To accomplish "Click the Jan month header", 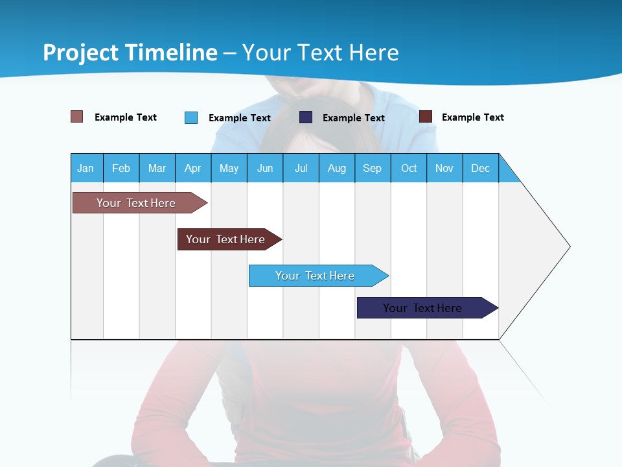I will click(86, 168).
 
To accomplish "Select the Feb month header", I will click(121, 168).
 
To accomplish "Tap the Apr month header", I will click(192, 168).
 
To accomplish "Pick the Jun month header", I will click(265, 168).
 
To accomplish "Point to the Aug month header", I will click(336, 168).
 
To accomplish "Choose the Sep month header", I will click(373, 168).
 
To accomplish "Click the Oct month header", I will click(409, 168).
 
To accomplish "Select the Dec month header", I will click(480, 168).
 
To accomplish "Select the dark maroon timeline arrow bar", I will click(227, 239).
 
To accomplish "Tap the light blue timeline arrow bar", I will click(316, 276).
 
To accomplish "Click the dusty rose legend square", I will click(76, 117).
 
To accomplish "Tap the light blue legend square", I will click(190, 117).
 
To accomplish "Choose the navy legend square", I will click(306, 117).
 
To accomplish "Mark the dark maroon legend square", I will click(425, 117).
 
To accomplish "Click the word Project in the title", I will click(81, 52).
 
